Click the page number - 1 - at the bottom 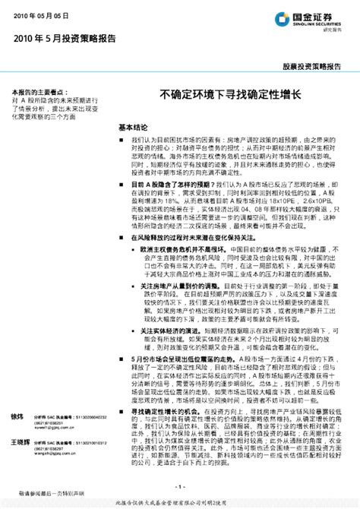(x=179, y=487)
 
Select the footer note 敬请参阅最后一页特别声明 (x=46, y=493)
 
